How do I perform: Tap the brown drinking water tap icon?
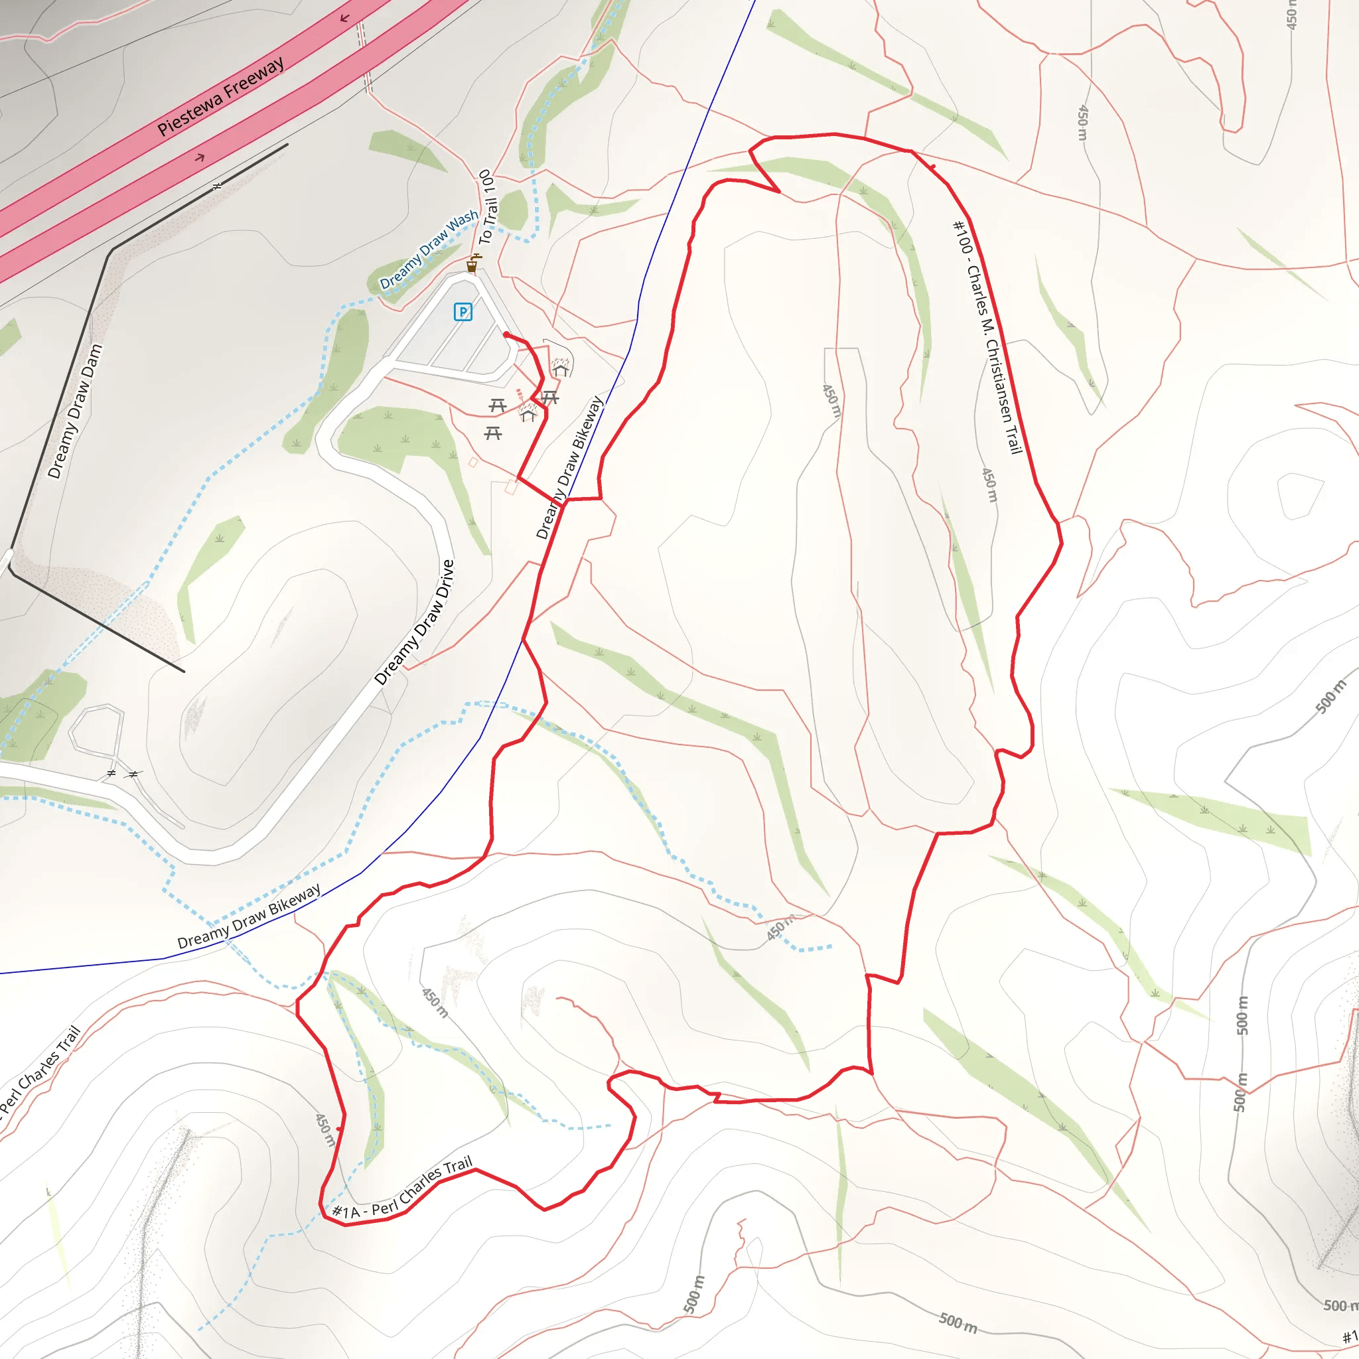click(x=472, y=265)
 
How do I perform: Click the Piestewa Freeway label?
click(x=221, y=96)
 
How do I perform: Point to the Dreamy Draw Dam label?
click(x=75, y=411)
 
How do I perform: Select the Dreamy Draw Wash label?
click(x=429, y=250)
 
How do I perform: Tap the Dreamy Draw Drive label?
click(x=414, y=622)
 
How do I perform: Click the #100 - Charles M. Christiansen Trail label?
click(x=987, y=338)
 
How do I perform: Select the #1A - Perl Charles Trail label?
click(x=401, y=1188)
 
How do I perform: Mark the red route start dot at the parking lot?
click(x=506, y=335)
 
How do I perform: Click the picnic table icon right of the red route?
click(x=550, y=398)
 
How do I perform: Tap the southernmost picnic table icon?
click(x=492, y=433)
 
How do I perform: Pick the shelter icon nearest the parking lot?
click(x=561, y=368)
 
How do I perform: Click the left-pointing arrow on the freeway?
click(x=344, y=19)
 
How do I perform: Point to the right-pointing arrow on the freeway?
click(x=200, y=157)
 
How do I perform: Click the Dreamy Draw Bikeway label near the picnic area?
click(x=569, y=468)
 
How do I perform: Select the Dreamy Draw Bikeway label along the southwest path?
click(x=249, y=916)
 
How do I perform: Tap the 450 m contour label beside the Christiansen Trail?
click(x=989, y=484)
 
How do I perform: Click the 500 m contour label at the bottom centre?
click(x=958, y=1323)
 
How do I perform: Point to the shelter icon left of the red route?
click(x=528, y=413)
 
